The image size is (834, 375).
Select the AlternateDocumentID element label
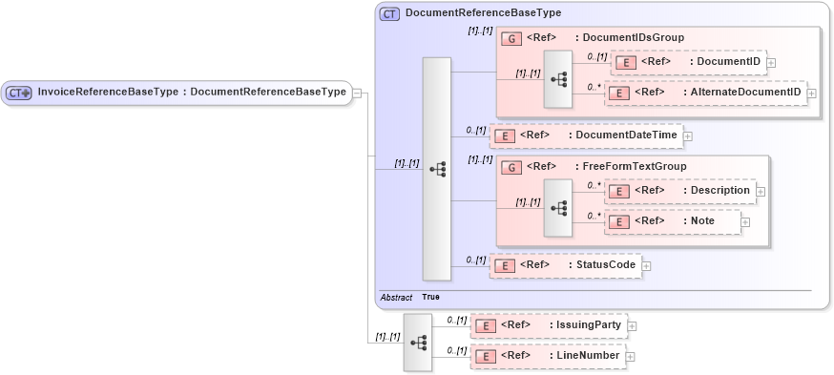744,93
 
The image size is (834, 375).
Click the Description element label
719,191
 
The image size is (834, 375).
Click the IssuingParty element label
587,325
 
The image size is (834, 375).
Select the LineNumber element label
586,356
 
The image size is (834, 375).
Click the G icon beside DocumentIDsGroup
511,38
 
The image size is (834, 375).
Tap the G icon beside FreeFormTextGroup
511,167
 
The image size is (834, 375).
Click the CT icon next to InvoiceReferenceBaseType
19,93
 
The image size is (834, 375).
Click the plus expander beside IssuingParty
631,326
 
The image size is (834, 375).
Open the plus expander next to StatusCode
646,265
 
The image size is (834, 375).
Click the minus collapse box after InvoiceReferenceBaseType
356,93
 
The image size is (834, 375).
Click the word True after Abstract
430,297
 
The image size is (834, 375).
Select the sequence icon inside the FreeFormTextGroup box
557,207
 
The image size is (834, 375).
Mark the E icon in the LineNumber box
486,356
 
